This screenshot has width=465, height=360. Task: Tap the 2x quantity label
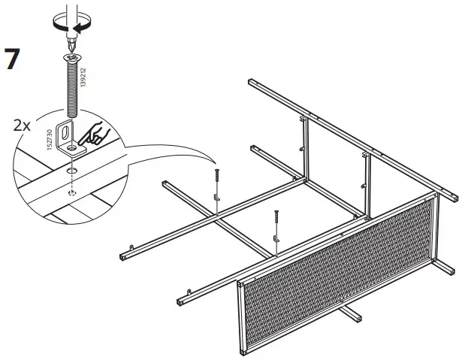click(x=23, y=125)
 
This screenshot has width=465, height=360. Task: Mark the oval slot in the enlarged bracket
click(x=65, y=132)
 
